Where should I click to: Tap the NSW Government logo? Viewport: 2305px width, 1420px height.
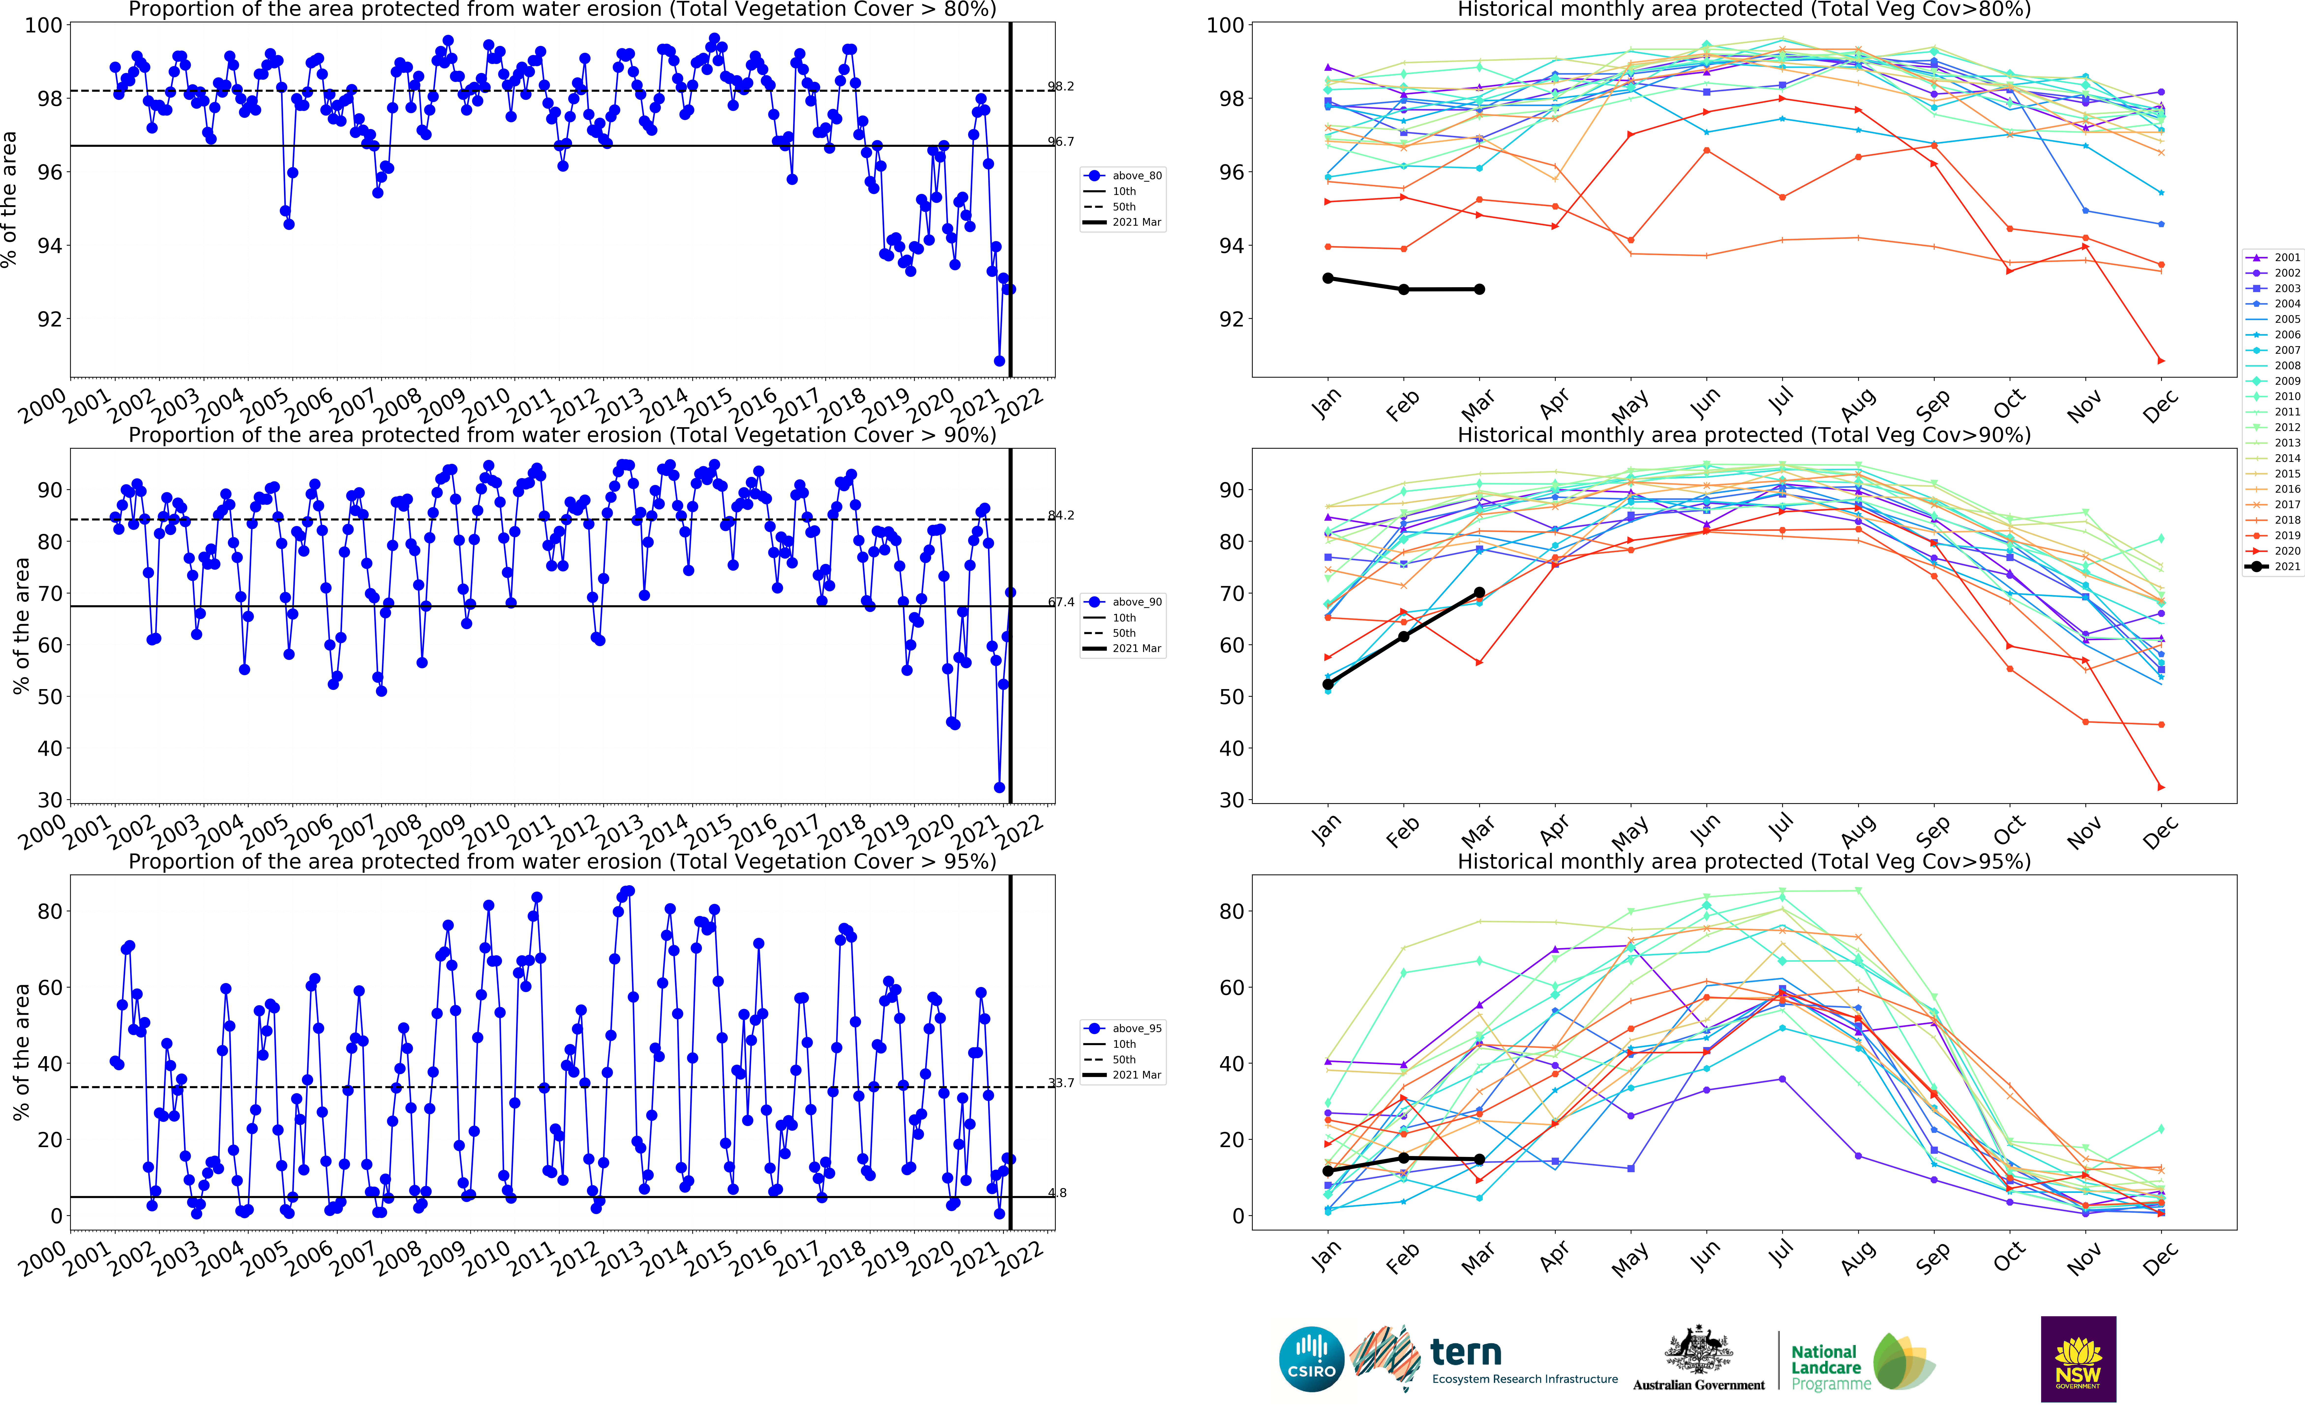[2078, 1358]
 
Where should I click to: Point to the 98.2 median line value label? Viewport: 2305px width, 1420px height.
[1061, 86]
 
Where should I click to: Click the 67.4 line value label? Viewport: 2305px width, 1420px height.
[1061, 602]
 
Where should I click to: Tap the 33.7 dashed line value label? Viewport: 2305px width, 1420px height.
[1061, 1083]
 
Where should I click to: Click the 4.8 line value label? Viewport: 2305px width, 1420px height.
[1058, 1193]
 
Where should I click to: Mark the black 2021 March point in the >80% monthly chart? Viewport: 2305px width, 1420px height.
[1479, 289]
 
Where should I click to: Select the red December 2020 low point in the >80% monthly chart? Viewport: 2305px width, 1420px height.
[2160, 361]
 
